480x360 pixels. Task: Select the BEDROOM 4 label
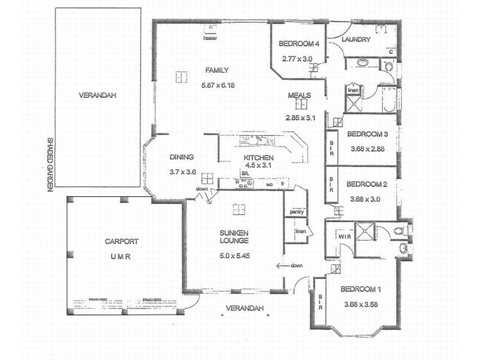tap(298, 43)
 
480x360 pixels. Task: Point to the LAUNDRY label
tap(356, 40)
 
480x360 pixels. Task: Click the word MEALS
tap(298, 95)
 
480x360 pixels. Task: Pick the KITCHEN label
tap(258, 158)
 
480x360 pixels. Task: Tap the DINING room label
tap(181, 157)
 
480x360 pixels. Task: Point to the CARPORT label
tap(122, 242)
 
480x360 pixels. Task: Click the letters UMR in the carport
tap(121, 256)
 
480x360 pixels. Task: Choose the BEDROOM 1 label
tap(361, 289)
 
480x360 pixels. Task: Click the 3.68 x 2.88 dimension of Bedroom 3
tap(368, 148)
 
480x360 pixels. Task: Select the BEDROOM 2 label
tap(368, 184)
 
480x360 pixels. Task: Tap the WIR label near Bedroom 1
tap(344, 238)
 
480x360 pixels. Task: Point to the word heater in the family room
tap(210, 38)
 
